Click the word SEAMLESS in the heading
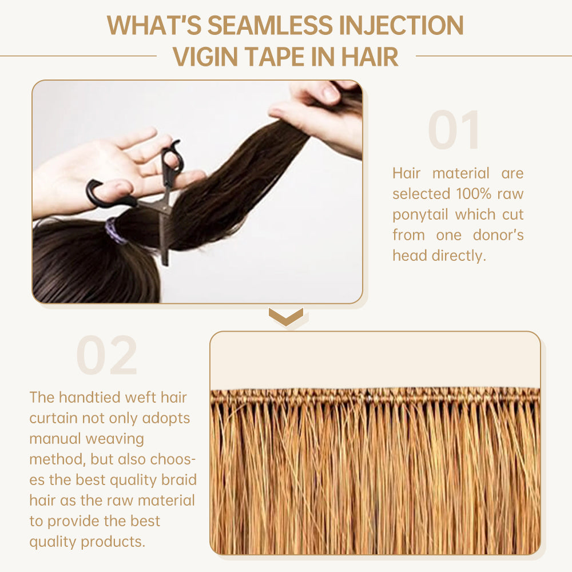(x=270, y=25)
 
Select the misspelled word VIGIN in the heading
(x=205, y=57)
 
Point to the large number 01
(x=454, y=130)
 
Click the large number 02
(x=107, y=356)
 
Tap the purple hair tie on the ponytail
(x=114, y=231)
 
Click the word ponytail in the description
(x=420, y=215)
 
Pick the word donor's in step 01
(x=498, y=235)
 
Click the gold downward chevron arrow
(x=286, y=316)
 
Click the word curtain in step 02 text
(x=53, y=418)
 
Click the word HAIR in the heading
(x=370, y=57)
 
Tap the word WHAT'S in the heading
(x=154, y=25)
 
